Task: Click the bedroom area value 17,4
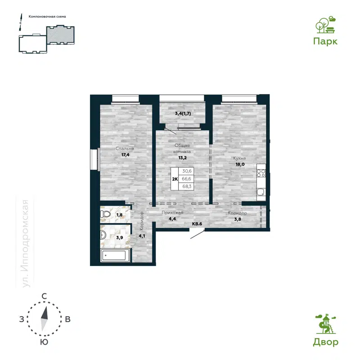pyautogui.click(x=125, y=155)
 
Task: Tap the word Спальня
pyautogui.click(x=125, y=148)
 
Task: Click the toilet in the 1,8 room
pyautogui.click(x=105, y=215)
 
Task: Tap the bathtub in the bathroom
pyautogui.click(x=115, y=256)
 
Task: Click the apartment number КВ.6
pyautogui.click(x=198, y=223)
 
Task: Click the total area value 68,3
pyautogui.click(x=186, y=185)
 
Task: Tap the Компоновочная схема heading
pyautogui.click(x=47, y=17)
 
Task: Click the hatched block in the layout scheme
pyautogui.click(x=61, y=35)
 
